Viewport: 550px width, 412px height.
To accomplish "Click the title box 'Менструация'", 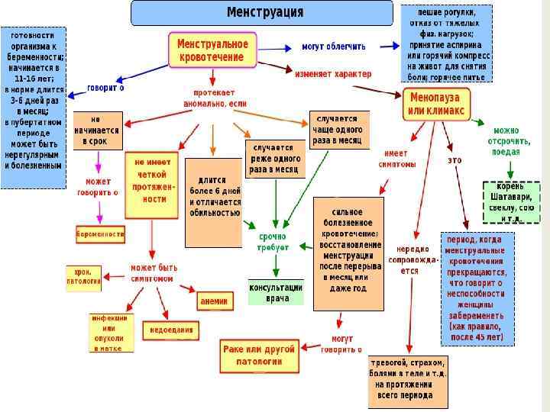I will pos(264,13).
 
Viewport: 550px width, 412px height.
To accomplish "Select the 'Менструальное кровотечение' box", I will pos(212,52).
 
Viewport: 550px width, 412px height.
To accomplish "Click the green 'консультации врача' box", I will pos(276,293).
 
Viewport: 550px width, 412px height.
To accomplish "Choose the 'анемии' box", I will pos(214,301).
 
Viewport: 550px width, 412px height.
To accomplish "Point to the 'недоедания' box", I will pos(170,331).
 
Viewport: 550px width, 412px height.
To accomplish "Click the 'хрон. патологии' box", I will pos(83,275).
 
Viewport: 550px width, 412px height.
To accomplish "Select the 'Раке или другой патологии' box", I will pos(258,354).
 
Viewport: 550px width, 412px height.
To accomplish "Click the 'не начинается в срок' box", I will pos(95,130).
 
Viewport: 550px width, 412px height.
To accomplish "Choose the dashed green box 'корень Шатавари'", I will pos(511,202).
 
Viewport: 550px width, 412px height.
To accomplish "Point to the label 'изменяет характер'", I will pos(333,74).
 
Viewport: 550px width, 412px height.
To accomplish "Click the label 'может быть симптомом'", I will pos(154,273).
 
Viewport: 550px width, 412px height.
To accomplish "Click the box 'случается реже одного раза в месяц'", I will pos(274,158).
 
